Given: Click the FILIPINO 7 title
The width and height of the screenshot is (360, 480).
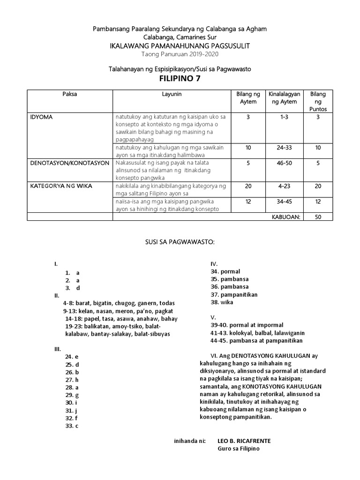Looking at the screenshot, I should point(180,79).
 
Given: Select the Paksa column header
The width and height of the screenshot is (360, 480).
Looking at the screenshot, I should point(70,94).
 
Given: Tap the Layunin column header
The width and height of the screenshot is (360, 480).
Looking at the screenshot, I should point(172,94).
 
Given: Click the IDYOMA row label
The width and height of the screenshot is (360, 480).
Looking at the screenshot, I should point(42,117).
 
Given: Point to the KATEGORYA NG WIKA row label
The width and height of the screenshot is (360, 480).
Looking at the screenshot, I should point(61,186).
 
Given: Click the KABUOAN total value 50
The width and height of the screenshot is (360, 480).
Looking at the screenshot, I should point(318,217).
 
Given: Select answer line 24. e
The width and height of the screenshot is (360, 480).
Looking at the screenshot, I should point(72,356).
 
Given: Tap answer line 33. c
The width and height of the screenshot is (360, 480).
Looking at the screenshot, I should point(72,426).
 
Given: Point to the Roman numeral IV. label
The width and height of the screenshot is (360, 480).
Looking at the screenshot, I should point(214,264).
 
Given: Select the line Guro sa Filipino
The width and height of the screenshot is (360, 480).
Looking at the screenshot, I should point(238,449).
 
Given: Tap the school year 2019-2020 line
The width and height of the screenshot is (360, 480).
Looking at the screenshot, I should point(180,53).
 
